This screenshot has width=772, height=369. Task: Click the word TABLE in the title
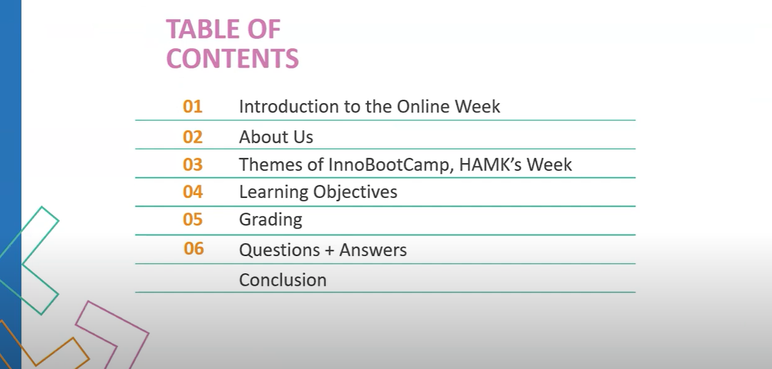point(203,29)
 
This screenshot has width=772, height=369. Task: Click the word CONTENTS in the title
point(232,58)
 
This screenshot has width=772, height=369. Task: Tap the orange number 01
point(193,106)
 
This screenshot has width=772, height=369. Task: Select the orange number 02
point(193,137)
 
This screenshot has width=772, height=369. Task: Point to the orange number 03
point(193,164)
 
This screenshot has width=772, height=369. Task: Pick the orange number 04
point(193,191)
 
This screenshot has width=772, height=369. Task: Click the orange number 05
point(193,219)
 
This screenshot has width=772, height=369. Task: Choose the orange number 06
point(193,249)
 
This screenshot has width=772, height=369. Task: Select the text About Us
point(276,137)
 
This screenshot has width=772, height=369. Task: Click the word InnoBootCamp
point(391,164)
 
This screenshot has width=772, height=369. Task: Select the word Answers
point(373,250)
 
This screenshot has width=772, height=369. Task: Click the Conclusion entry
point(282,280)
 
